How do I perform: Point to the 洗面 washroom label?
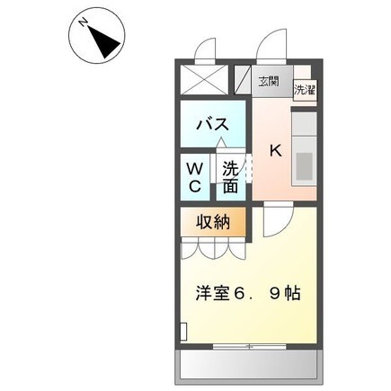(231, 176)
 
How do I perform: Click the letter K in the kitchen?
(276, 152)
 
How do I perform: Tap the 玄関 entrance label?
(268, 81)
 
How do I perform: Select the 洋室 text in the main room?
(213, 293)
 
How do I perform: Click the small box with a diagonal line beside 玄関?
(243, 82)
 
